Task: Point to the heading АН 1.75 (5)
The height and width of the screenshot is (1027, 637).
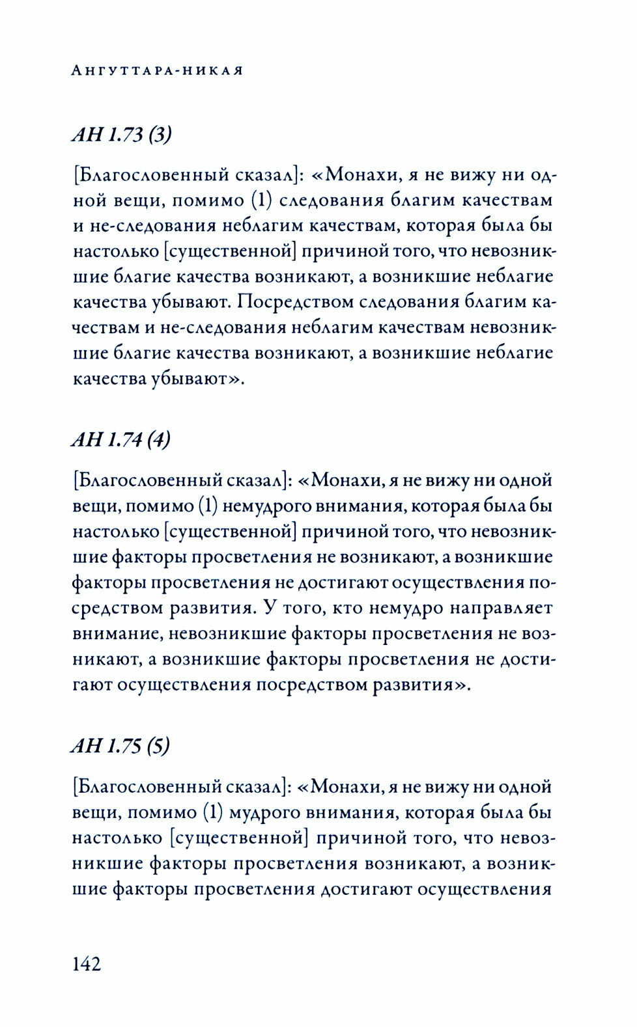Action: tap(121, 746)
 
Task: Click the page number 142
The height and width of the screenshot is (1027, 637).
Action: tap(87, 963)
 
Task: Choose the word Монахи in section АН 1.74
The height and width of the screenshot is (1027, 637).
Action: tap(347, 480)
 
